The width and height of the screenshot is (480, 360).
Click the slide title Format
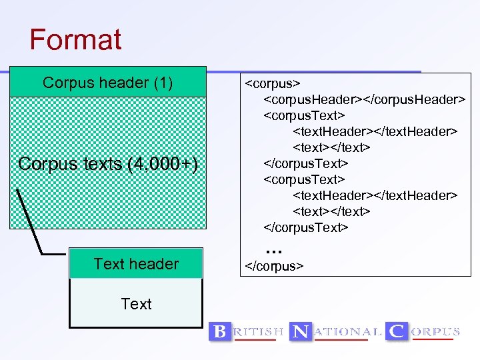click(75, 39)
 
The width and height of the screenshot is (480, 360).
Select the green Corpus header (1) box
click(107, 83)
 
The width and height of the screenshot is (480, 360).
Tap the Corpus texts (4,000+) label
click(108, 164)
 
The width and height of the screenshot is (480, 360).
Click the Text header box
click(136, 264)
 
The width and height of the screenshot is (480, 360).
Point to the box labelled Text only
click(136, 304)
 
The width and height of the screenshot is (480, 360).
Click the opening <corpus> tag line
click(273, 83)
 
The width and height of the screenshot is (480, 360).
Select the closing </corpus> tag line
click(275, 266)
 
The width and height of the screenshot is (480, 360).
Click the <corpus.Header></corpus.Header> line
click(364, 99)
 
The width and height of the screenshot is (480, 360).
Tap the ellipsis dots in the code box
click(274, 249)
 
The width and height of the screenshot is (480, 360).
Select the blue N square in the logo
click(301, 331)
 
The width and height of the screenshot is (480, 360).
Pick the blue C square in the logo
click(397, 331)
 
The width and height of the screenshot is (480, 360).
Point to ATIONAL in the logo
click(349, 331)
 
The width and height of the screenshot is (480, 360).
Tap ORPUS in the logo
click(435, 331)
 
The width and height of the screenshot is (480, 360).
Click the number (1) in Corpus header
click(163, 83)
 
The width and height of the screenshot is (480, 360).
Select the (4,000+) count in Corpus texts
click(163, 164)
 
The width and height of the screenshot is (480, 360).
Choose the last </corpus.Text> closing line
click(306, 227)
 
